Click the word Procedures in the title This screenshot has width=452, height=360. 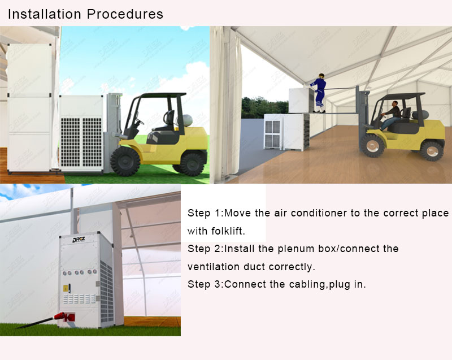click(125, 14)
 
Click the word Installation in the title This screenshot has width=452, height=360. click(45, 14)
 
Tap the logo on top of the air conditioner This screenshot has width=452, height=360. click(79, 240)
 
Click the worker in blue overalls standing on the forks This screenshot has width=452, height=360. click(319, 93)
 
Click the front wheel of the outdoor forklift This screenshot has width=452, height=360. click(125, 161)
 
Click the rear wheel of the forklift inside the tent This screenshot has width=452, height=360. click(432, 151)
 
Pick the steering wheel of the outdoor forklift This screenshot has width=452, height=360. click(139, 122)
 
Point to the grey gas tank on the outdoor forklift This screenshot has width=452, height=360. click(187, 120)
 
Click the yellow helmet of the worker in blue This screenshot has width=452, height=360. click(321, 76)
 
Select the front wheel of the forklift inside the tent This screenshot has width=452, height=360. click(372, 146)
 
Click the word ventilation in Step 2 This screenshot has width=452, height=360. click(214, 267)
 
